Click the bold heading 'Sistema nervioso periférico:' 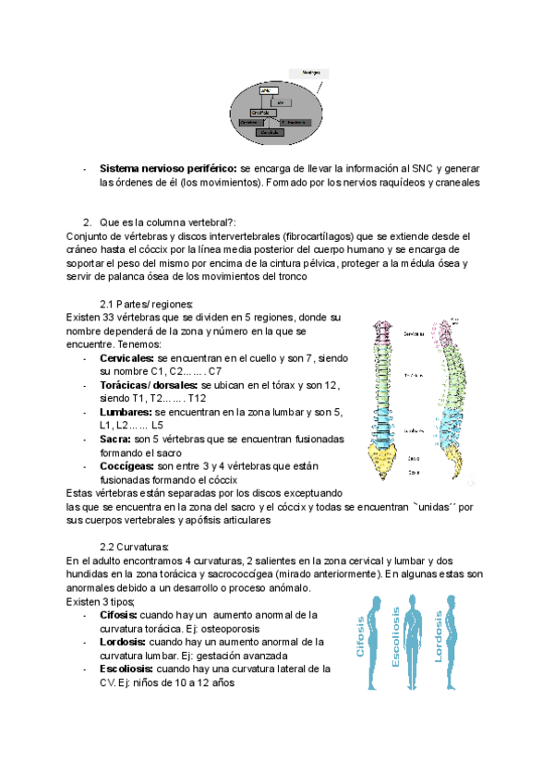point(168,170)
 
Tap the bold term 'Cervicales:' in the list point(127,357)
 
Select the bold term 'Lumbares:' point(126,412)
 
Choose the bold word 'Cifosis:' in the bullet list point(121,615)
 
